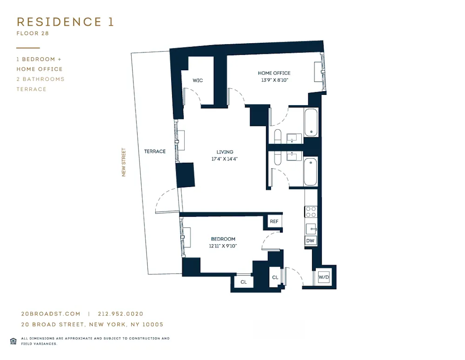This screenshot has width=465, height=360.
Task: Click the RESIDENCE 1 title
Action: coord(65,22)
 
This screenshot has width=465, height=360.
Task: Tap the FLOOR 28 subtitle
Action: coord(33,33)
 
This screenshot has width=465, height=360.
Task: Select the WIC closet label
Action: coord(198,80)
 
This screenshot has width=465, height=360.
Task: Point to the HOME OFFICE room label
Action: coord(274,73)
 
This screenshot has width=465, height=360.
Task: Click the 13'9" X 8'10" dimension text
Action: coord(274,80)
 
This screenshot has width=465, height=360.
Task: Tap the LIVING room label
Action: coord(225,152)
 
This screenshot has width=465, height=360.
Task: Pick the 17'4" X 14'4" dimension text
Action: coord(225,159)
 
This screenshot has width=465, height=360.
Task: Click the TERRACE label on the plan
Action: coord(154,152)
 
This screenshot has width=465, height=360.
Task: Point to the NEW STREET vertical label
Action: coord(124,162)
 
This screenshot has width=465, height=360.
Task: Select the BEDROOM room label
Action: coord(223,239)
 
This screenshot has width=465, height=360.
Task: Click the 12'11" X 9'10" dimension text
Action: coord(223,246)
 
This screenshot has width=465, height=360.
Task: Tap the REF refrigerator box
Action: coord(274,221)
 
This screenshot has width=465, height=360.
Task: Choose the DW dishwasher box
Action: coord(311,241)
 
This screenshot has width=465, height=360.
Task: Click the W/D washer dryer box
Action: coord(324,278)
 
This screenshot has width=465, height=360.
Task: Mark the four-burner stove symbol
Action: coord(311,212)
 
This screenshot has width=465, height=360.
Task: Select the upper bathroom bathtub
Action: coord(311,122)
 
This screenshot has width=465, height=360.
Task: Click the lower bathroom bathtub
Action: coord(310,172)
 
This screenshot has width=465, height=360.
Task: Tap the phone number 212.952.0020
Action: coord(120,314)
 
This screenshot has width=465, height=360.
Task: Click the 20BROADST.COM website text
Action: coord(51,314)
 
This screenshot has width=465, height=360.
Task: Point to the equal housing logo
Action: coord(13,341)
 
